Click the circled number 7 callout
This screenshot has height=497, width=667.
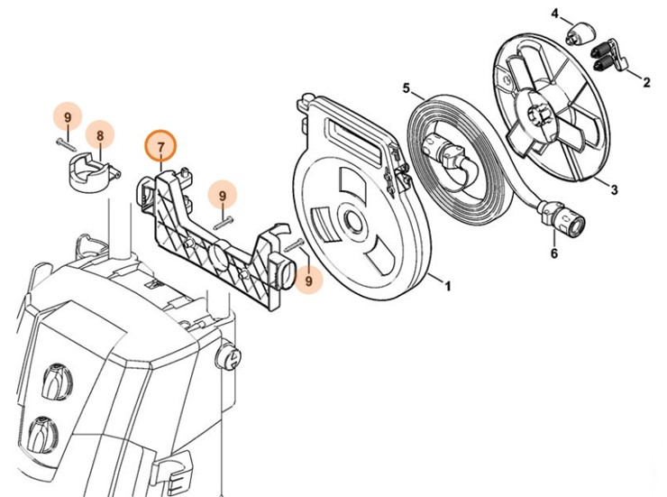(x=162, y=146)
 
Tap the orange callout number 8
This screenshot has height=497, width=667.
(x=100, y=136)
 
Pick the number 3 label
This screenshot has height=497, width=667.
(x=615, y=190)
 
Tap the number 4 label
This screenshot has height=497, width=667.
(x=555, y=14)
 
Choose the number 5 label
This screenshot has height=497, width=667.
(x=407, y=88)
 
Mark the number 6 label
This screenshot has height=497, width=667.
(x=553, y=253)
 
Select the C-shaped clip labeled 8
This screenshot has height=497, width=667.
(x=89, y=171)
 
